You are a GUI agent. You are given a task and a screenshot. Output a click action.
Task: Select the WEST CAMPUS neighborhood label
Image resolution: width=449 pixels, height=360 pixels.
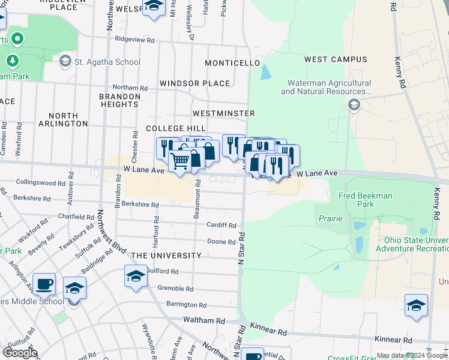[x=336, y=59]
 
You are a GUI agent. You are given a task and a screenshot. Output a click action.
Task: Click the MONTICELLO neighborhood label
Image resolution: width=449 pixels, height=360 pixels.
[x=232, y=63]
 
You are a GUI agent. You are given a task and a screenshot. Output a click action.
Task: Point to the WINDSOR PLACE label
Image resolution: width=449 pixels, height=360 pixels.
[x=194, y=83]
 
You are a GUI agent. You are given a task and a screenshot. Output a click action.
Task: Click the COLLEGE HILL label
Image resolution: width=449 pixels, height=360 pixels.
[x=176, y=129]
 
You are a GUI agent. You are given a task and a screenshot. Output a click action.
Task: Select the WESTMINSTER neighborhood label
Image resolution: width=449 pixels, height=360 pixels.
[x=224, y=113]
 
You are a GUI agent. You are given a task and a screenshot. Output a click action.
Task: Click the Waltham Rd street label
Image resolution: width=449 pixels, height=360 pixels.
[x=200, y=320]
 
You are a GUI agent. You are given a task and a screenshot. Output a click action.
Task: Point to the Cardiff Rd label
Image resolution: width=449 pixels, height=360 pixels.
[x=221, y=226]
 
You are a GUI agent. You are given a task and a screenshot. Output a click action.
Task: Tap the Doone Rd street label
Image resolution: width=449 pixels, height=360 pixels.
[x=221, y=242]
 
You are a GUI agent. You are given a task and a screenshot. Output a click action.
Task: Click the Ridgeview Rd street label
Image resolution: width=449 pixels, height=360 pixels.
[x=135, y=41]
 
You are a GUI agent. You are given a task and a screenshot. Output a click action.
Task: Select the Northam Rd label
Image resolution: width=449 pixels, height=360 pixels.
[x=130, y=88]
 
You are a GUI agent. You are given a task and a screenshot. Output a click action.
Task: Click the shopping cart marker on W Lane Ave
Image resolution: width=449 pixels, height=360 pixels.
[x=180, y=161]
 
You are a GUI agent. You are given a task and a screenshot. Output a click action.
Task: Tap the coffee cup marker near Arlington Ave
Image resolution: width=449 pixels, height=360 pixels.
[x=44, y=284]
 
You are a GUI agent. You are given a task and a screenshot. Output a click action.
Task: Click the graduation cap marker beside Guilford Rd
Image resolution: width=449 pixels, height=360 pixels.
[x=136, y=276]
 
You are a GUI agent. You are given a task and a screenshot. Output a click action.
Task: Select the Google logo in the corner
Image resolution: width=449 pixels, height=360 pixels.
[x=20, y=353]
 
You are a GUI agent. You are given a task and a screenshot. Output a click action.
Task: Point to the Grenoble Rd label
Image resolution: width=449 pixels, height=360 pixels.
[x=175, y=289]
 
